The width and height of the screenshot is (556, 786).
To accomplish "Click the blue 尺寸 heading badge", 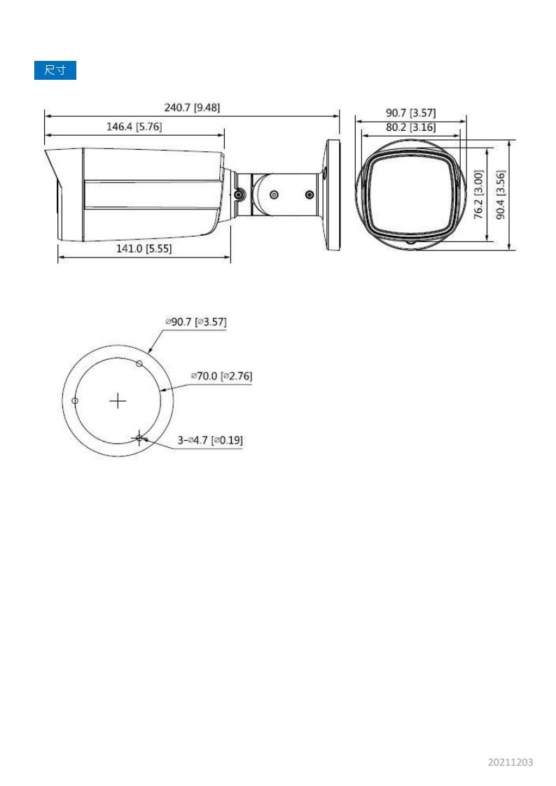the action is click(x=55, y=70).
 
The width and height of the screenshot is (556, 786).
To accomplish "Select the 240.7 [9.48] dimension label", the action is click(x=192, y=107).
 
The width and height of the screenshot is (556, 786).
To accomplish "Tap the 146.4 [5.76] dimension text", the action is click(x=134, y=126).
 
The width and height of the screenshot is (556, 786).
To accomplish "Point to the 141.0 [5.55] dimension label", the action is click(x=144, y=248).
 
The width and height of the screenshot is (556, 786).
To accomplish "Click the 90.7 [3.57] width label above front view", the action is click(x=410, y=113).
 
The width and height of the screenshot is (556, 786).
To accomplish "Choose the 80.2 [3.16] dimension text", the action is click(x=410, y=127).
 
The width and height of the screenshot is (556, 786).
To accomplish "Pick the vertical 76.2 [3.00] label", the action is click(x=479, y=195).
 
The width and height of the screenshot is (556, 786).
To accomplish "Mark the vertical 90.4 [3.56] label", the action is click(x=501, y=195).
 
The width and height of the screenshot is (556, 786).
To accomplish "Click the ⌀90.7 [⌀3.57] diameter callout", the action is click(x=196, y=322).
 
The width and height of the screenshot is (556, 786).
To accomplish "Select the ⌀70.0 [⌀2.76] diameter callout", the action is click(x=221, y=375).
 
